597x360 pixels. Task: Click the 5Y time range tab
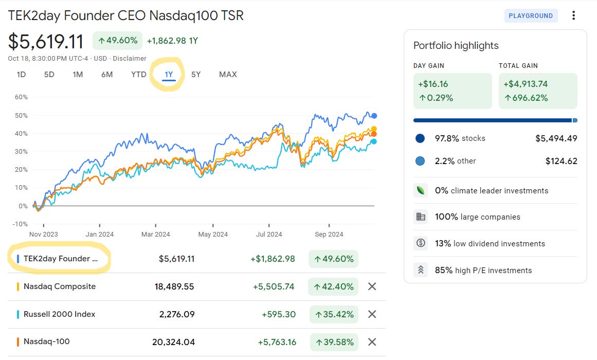point(196,74)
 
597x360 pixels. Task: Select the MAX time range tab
point(228,74)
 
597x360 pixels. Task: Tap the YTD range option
point(139,74)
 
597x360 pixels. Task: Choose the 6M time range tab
point(107,74)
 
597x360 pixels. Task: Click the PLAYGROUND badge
point(531,15)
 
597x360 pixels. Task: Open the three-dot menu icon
point(573,15)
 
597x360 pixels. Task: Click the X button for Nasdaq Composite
point(372,286)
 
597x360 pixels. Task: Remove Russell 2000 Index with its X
point(372,314)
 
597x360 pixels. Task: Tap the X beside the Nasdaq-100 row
point(372,342)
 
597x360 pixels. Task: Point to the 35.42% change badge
point(334,314)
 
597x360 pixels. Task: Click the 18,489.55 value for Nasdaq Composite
point(174,286)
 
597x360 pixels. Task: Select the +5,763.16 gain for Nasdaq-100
point(277,342)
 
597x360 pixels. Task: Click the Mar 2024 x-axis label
point(155,235)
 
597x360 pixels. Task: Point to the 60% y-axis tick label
point(21,97)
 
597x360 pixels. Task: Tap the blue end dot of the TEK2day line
point(374,116)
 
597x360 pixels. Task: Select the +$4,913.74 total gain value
point(526,84)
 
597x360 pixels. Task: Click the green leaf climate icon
point(421,190)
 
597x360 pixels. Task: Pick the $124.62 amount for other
point(561,161)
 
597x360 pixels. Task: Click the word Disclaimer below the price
point(130,58)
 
